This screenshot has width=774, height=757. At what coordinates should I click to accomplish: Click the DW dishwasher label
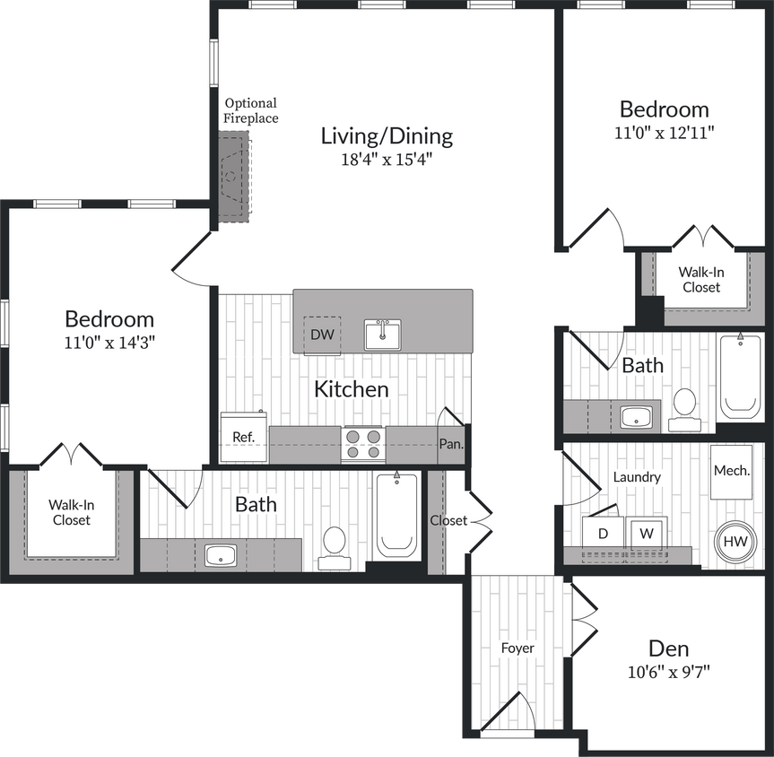(322, 335)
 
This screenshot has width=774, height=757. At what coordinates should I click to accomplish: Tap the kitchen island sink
(382, 335)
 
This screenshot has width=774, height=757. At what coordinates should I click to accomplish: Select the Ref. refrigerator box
(244, 437)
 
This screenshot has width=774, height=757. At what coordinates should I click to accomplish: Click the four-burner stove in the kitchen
(362, 444)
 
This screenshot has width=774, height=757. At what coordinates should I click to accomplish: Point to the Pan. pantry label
(450, 444)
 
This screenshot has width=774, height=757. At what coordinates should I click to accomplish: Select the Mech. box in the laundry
(731, 471)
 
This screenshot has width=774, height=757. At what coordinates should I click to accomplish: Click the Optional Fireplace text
(251, 110)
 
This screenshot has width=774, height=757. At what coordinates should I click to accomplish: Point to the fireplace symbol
(234, 177)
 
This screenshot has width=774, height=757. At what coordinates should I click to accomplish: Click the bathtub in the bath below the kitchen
(396, 517)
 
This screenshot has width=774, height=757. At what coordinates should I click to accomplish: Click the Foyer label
(517, 648)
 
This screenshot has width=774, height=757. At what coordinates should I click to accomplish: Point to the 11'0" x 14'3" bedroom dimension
(109, 342)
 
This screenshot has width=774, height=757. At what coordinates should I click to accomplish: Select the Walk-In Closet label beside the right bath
(701, 279)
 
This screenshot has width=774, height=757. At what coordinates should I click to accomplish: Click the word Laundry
(637, 477)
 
